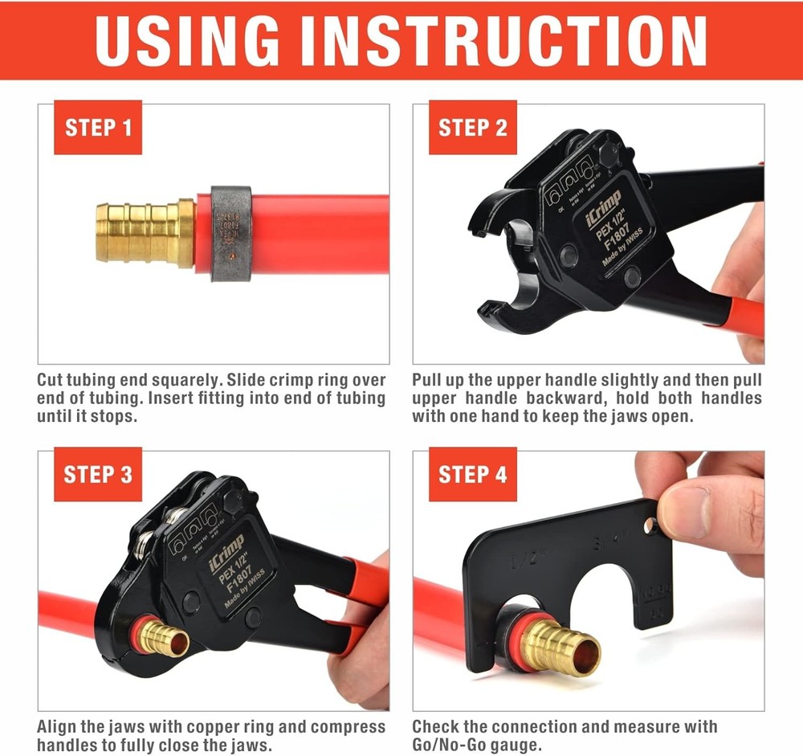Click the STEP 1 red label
[97, 127]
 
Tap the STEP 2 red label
[472, 127]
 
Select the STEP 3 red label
[97, 474]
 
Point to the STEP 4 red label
[472, 474]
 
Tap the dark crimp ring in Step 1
[231, 233]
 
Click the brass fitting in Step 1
[145, 233]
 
